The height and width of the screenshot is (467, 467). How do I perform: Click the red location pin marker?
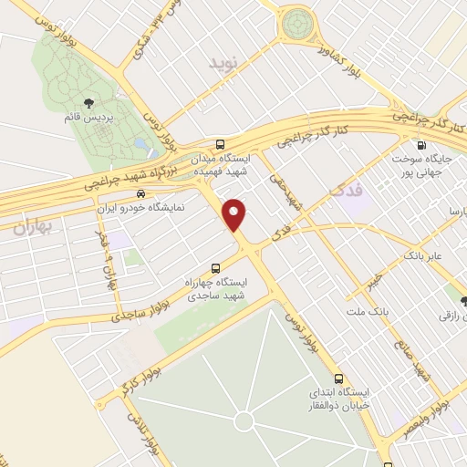pyautogui.click(x=235, y=214)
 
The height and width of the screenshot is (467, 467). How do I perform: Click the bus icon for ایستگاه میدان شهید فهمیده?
pyautogui.click(x=220, y=144)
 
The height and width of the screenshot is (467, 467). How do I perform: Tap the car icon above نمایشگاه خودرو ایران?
pyautogui.click(x=140, y=192)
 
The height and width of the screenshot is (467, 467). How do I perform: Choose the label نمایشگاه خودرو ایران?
pyautogui.click(x=140, y=207)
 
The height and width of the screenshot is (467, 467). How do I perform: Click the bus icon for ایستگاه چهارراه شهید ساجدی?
pyautogui.click(x=215, y=268)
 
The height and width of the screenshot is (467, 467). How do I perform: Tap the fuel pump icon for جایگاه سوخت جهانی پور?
pyautogui.click(x=420, y=144)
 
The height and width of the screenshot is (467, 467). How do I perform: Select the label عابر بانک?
pyautogui.click(x=426, y=256)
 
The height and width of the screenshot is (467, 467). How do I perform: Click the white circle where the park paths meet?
pyautogui.click(x=244, y=420)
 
